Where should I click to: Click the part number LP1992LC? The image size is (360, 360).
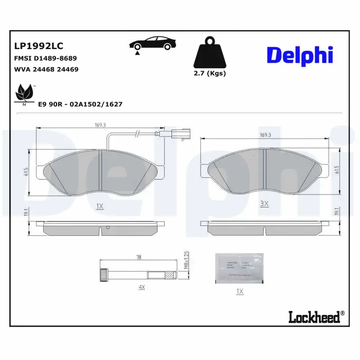pos(39,46)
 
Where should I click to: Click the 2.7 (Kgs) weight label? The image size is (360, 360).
pos(210,73)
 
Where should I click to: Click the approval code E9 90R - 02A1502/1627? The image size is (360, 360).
pos(80,104)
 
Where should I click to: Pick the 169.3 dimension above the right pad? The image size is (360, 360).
pos(266,134)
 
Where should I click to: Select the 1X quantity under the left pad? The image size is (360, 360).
pos(100,206)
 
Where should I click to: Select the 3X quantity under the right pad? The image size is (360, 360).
pos(265,204)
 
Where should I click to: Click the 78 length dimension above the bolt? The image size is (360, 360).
pos(139,257)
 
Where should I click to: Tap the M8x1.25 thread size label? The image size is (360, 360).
pos(185,260)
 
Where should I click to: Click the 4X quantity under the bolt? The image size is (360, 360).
pos(141,287)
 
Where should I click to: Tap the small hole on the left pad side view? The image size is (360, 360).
pos(107,228)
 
